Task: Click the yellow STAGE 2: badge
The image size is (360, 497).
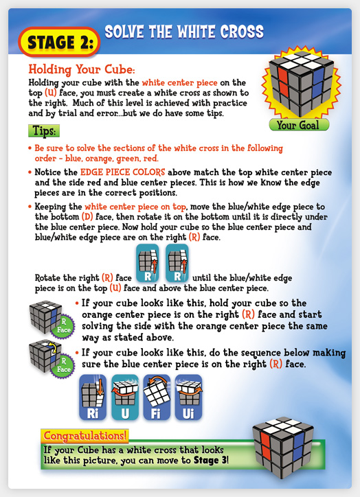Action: [59, 42]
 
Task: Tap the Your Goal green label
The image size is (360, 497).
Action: [299, 125]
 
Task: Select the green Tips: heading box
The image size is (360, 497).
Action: [44, 130]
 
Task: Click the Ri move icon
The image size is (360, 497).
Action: [92, 397]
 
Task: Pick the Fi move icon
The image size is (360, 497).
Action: [157, 397]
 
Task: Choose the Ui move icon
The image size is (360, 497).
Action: [188, 397]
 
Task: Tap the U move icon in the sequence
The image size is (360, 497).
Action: [124, 397]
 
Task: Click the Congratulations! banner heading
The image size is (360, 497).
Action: [85, 436]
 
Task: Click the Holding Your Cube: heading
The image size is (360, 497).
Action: [82, 69]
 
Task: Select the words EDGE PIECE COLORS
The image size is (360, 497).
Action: [122, 172]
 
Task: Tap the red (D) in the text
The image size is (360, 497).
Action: [87, 217]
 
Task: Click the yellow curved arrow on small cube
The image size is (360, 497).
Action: [54, 348]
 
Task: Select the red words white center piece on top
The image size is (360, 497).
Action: [135, 207]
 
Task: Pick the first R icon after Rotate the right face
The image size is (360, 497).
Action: [148, 263]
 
